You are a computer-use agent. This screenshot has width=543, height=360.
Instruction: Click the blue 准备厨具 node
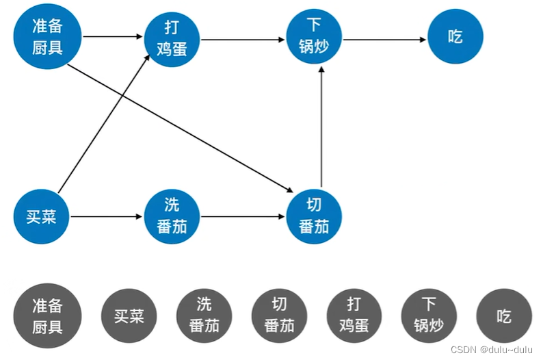click(x=47, y=36)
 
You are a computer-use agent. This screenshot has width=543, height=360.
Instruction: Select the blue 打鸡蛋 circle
click(x=172, y=39)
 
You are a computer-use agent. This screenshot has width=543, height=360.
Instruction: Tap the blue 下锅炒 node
click(x=314, y=36)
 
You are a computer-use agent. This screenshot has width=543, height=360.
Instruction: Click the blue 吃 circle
click(x=455, y=36)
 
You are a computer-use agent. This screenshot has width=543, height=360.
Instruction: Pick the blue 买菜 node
click(x=41, y=216)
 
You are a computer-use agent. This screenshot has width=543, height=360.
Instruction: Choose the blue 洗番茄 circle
click(x=172, y=216)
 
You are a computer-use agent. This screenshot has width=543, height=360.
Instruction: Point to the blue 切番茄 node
click(x=314, y=216)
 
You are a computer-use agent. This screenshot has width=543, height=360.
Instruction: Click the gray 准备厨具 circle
click(x=47, y=316)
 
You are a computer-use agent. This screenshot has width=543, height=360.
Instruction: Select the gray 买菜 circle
click(x=129, y=316)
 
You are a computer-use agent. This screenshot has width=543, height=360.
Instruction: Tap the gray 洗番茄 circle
click(x=204, y=316)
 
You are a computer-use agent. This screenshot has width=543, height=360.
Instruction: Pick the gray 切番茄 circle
click(x=279, y=316)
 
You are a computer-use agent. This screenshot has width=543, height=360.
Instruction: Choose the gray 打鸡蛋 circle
click(x=354, y=316)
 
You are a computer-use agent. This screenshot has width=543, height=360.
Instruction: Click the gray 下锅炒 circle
click(x=429, y=316)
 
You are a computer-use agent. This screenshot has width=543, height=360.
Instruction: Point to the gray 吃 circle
click(x=504, y=316)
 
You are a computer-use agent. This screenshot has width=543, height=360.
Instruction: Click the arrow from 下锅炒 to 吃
click(x=384, y=40)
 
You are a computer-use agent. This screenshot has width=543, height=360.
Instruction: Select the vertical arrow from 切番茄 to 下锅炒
click(x=321, y=127)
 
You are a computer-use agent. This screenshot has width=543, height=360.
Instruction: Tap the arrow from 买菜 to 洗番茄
click(x=106, y=216)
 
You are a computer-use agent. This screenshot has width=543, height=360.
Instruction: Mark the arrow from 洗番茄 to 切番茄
click(x=243, y=216)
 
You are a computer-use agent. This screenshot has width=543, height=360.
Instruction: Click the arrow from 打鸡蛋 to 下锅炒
click(x=243, y=40)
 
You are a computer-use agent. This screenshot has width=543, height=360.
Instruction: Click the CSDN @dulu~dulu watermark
click(x=492, y=350)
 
